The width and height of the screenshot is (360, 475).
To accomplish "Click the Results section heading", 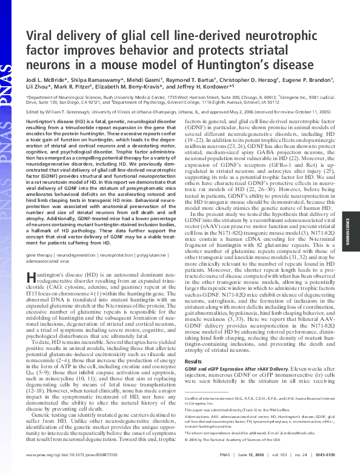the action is click(194, 344).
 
